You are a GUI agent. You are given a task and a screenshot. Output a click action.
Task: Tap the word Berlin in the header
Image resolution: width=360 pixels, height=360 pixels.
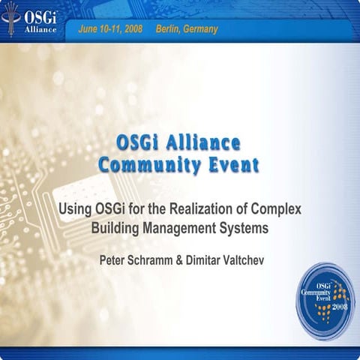coord(169,29)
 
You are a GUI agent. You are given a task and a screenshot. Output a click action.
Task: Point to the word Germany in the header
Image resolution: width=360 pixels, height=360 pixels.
coord(200,29)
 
